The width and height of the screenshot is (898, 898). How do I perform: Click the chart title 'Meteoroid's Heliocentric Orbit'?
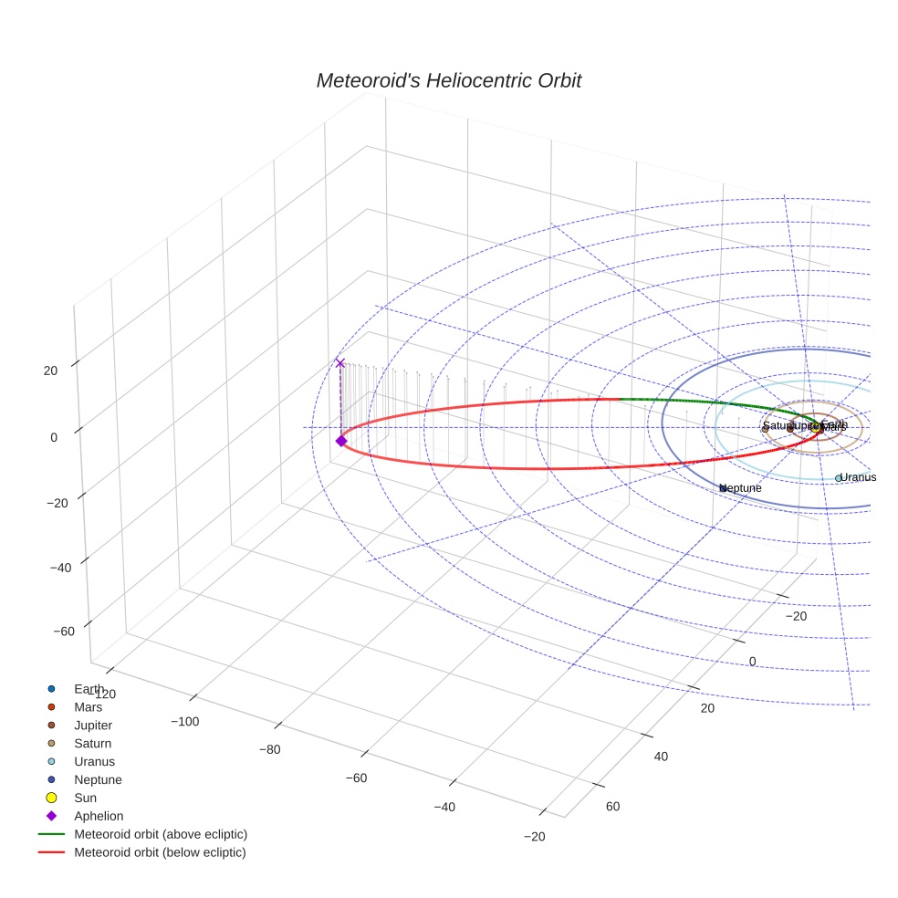tap(448, 81)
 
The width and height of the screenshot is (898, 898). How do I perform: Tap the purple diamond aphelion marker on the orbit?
tap(341, 441)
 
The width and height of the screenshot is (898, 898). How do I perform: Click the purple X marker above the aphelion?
tap(340, 363)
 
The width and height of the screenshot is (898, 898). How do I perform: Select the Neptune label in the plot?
tap(743, 488)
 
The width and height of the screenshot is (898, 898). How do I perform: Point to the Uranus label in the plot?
tap(858, 477)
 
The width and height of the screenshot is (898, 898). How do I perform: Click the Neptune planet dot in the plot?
tap(723, 488)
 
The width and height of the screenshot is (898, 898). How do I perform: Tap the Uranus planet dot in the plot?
tap(839, 478)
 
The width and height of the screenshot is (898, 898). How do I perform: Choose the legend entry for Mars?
tap(88, 707)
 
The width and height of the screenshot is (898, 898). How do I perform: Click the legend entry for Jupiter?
tap(93, 726)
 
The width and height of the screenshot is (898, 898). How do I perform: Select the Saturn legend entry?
tap(92, 744)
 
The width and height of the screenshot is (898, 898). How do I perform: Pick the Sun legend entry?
tap(85, 799)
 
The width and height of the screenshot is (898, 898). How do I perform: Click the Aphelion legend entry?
tap(99, 817)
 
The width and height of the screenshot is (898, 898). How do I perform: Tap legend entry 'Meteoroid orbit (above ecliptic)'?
tap(161, 835)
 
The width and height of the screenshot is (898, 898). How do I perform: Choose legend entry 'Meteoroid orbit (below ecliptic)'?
tap(161, 853)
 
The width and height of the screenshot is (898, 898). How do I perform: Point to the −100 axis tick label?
tap(185, 722)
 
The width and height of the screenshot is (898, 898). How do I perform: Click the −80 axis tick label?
tap(269, 750)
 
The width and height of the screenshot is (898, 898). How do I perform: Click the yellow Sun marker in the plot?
tap(816, 427)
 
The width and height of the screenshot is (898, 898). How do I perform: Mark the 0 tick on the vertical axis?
tap(54, 437)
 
